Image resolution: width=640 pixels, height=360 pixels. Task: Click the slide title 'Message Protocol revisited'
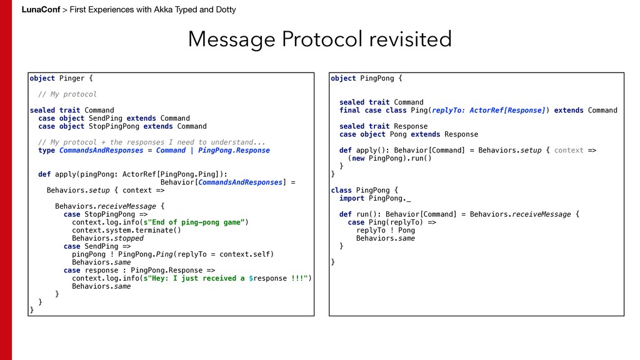tap(319, 39)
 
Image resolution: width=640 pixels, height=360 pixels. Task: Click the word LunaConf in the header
tap(41, 9)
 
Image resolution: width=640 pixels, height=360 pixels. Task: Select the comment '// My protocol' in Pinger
tap(67, 94)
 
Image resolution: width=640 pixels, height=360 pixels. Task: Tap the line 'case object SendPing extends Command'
tap(114, 118)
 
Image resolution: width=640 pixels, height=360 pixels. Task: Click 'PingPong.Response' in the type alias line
tap(234, 150)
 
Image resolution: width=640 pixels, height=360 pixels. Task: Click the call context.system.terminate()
tap(126, 230)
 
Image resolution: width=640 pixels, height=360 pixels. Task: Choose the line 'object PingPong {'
tap(366, 78)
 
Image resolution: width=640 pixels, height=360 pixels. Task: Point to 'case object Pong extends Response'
tap(408, 134)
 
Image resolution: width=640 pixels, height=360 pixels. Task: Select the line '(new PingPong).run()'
tap(389, 158)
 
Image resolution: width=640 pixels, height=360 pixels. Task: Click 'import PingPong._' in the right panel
tap(375, 198)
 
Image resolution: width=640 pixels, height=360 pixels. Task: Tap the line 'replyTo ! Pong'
tap(385, 230)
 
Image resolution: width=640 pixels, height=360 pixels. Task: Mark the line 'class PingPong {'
tap(364, 190)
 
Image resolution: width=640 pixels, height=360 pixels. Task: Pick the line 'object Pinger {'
tap(61, 78)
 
